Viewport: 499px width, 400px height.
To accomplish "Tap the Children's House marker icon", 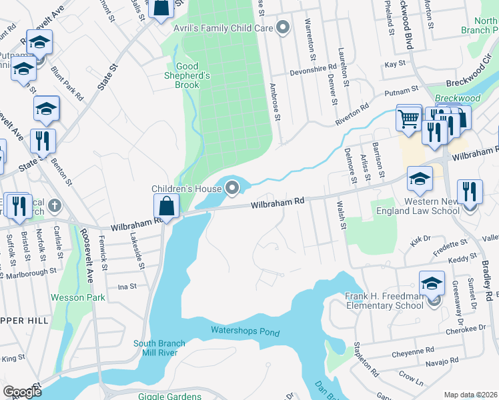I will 232,189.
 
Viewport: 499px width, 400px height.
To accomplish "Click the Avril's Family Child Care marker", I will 283,27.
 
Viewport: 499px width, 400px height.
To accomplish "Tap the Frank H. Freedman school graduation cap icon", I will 432,283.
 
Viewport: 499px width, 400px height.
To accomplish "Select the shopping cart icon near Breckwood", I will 408,119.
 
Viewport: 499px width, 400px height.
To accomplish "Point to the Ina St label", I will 127,286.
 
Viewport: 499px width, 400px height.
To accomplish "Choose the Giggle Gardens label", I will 170,397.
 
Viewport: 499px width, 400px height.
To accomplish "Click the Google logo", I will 22,392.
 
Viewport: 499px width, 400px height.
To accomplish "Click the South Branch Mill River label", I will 164,349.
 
